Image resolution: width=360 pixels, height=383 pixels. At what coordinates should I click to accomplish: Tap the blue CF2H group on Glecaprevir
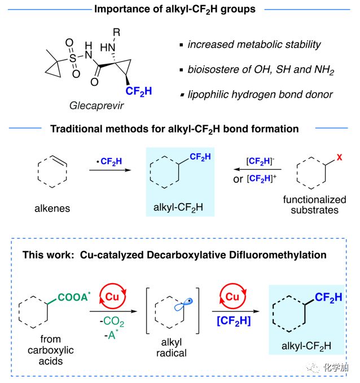tap(139, 90)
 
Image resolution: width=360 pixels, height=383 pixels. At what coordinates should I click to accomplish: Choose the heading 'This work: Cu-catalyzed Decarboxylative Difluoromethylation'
tap(174, 255)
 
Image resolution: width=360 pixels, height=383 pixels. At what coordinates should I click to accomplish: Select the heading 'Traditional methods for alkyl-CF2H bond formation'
tap(174, 129)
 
